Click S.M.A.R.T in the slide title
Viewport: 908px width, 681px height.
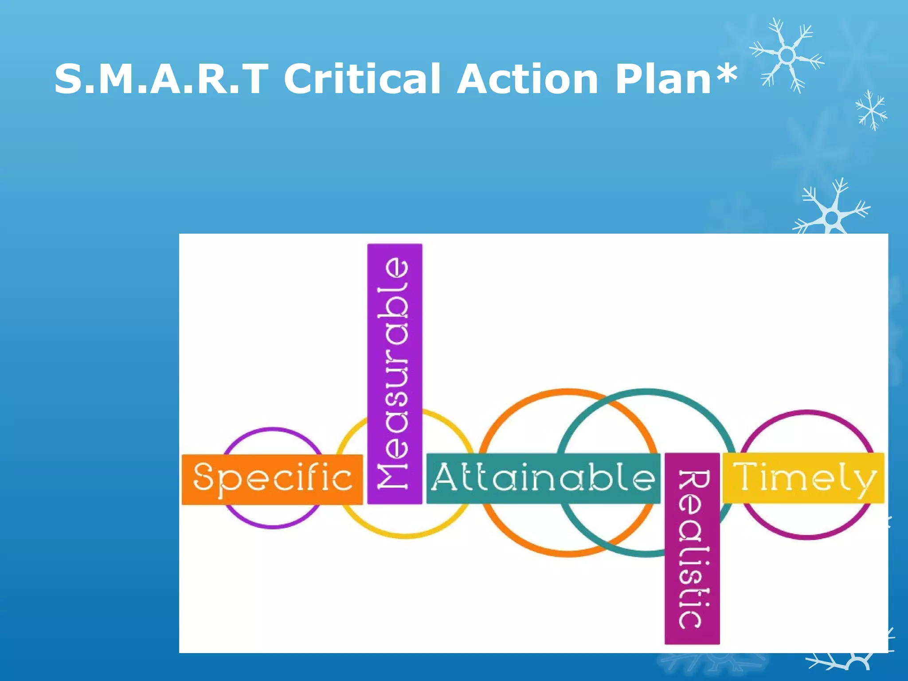[161, 79]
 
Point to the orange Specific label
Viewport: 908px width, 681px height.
[272, 479]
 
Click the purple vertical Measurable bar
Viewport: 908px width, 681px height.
[395, 373]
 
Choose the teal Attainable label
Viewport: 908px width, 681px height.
[543, 478]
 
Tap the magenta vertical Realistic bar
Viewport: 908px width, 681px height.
[692, 548]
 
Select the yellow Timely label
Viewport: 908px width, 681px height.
[803, 478]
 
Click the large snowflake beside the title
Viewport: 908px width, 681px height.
[787, 55]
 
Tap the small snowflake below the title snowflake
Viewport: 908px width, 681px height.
[871, 110]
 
